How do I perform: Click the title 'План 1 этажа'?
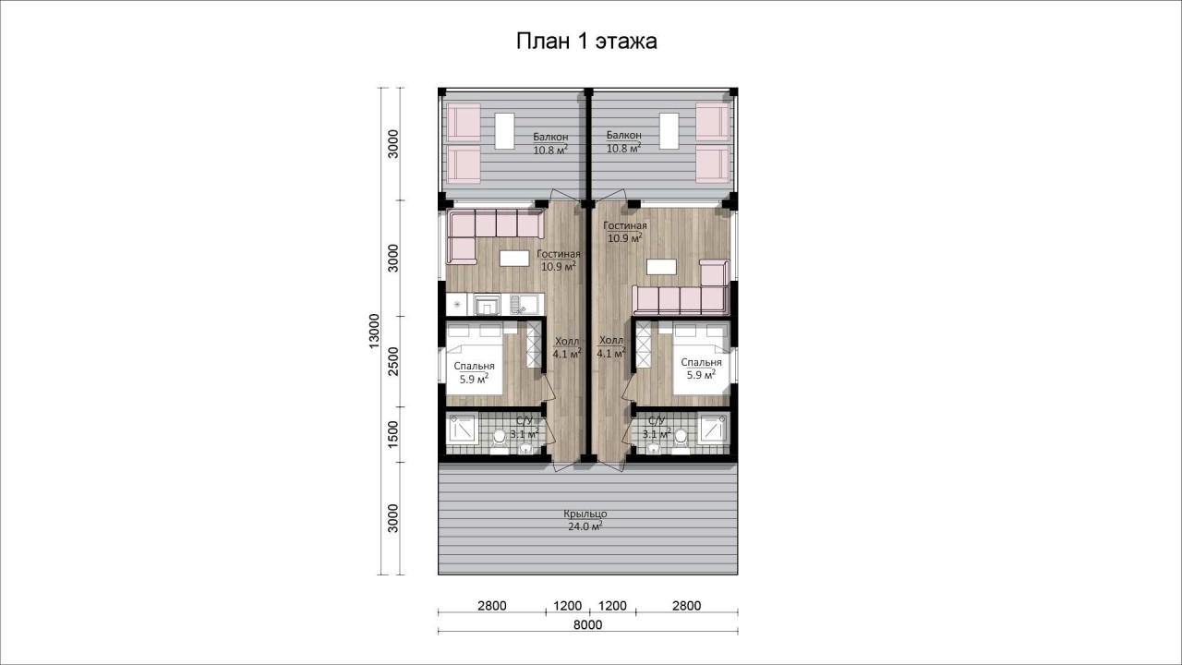[586, 42]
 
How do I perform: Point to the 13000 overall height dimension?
[374, 331]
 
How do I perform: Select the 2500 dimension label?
[393, 361]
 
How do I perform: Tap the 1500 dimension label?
[393, 435]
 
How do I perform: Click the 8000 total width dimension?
[588, 625]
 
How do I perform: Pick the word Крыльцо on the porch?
[585, 514]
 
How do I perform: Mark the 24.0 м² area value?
[585, 526]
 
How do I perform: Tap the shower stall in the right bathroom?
[713, 429]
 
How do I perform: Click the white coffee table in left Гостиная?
[145, 258]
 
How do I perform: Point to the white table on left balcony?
[135, 131]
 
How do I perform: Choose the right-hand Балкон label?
[623, 135]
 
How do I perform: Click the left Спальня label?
[474, 367]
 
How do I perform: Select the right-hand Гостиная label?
[625, 226]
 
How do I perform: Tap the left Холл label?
[567, 341]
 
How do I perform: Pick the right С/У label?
[657, 420]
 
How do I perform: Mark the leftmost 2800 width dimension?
[492, 605]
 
